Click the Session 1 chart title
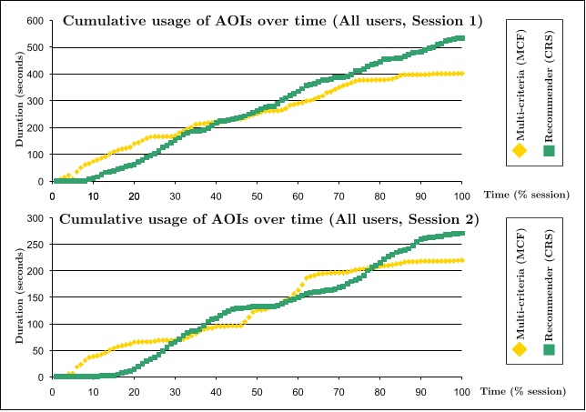(259, 20)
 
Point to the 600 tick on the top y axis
(38, 20)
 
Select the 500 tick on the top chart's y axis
(38, 47)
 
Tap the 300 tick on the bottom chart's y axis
(38, 218)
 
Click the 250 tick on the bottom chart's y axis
(38, 245)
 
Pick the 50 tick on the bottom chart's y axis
(41, 350)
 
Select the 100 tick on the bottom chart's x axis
(461, 391)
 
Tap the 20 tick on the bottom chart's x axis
(134, 391)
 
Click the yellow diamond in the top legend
(521, 151)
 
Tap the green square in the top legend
(549, 151)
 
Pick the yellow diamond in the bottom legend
(521, 347)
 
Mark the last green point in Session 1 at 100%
(461, 38)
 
